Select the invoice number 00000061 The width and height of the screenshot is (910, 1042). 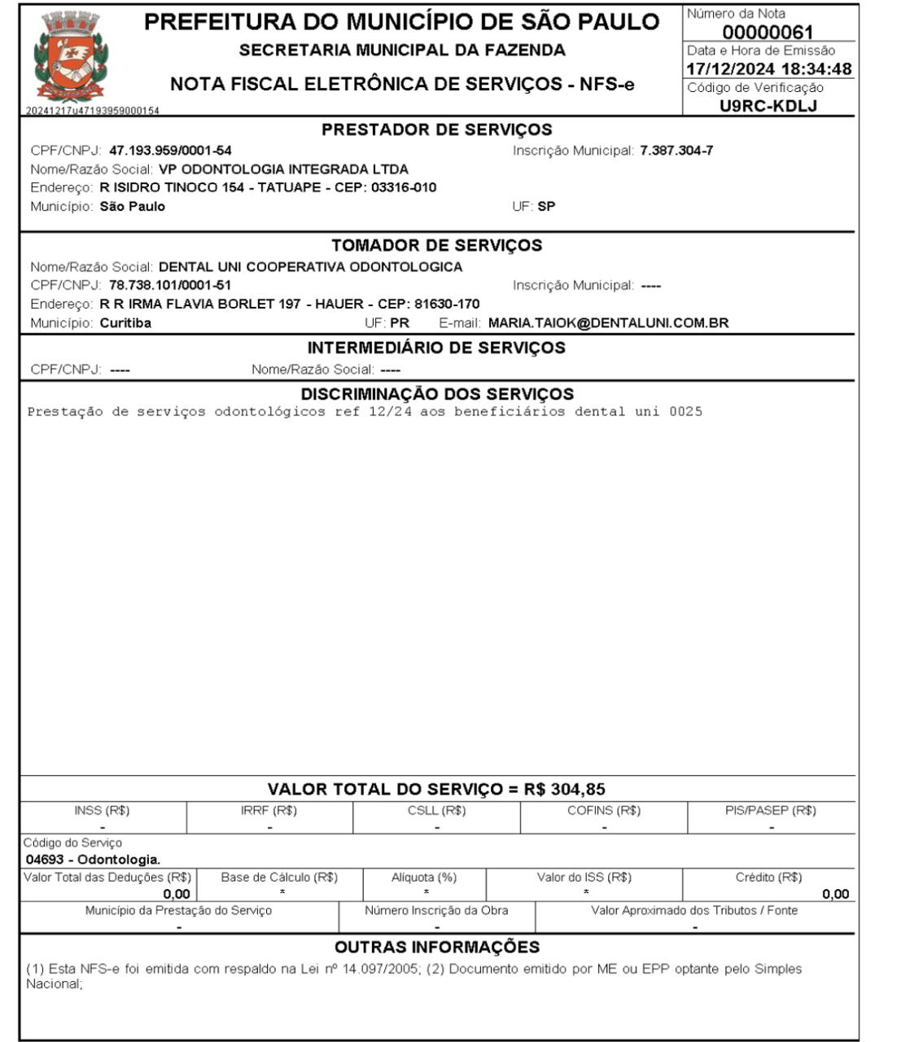coord(768,33)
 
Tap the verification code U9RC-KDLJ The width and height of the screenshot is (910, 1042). coord(768,105)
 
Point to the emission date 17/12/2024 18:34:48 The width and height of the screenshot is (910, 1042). coord(769,69)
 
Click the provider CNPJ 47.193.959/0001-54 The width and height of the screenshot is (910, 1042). coord(170,151)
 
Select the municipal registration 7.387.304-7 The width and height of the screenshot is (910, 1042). coord(676,151)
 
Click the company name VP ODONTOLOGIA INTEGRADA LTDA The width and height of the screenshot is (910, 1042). coord(283,169)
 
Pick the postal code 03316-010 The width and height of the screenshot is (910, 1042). coord(404,187)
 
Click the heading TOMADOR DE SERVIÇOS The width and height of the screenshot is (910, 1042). coord(436,245)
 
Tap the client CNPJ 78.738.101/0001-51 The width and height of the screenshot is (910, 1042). coord(170,285)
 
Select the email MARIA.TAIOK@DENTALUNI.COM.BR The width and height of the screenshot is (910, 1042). coord(608,322)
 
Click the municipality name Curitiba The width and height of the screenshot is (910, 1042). coord(125,322)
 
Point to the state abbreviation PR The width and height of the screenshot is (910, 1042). coord(400,322)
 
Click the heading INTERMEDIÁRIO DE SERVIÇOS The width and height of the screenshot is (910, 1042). coord(436,348)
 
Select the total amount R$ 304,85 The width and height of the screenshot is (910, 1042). coord(564,789)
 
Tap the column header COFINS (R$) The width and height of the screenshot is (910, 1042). coord(604,811)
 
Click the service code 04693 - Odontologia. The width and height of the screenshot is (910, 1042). coord(93,859)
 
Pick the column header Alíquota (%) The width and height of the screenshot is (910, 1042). coord(424,878)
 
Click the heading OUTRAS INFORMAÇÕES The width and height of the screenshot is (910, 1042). coord(437,947)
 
